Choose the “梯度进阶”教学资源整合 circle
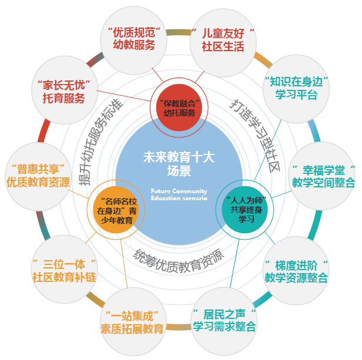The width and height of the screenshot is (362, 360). (x=296, y=269)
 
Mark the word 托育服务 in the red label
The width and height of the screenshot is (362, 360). (x=63, y=97)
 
